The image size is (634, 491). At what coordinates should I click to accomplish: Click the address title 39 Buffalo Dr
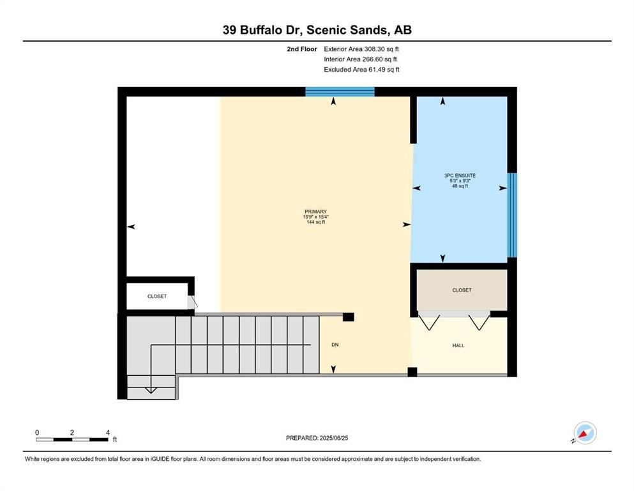[x=263, y=30]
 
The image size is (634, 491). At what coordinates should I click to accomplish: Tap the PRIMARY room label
[x=315, y=211]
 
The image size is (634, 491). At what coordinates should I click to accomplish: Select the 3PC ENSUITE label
[x=460, y=175]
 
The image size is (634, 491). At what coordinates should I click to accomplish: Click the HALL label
[x=458, y=345]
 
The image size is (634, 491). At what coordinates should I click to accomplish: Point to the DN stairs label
[x=335, y=345]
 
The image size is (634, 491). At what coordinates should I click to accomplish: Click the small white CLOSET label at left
[x=157, y=296]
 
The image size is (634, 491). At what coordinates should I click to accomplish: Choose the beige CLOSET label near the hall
[x=462, y=290]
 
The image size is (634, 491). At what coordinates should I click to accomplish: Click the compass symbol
[x=585, y=433]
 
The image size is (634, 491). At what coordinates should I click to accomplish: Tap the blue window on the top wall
[x=340, y=91]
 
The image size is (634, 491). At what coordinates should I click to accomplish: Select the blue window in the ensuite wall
[x=512, y=215]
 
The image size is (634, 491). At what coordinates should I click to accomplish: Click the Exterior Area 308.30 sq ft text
[x=361, y=49]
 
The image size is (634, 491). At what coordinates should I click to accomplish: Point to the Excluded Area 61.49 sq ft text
[x=361, y=69]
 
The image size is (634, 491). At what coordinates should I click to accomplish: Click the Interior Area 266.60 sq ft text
[x=360, y=59]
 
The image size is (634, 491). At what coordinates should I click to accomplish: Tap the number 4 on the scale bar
[x=108, y=432]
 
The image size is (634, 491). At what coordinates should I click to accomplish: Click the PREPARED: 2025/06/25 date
[x=317, y=438]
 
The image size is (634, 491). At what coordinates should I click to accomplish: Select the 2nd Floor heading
[x=301, y=49]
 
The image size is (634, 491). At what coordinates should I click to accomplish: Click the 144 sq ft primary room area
[x=315, y=222]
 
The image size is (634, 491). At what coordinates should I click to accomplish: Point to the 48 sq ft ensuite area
[x=460, y=186]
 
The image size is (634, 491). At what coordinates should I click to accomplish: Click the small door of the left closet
[x=192, y=302]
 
